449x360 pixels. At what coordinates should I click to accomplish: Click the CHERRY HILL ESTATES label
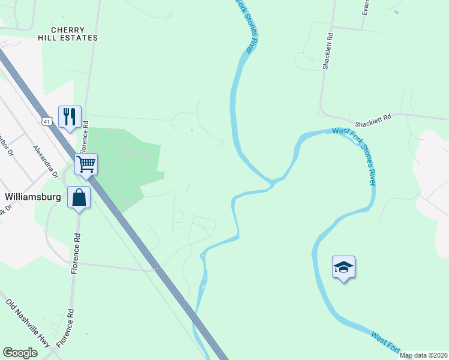click(74, 34)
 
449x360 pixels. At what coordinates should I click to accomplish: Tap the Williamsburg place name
click(34, 196)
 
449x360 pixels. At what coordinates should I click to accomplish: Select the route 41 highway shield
click(47, 121)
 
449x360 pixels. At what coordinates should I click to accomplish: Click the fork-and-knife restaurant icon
click(69, 115)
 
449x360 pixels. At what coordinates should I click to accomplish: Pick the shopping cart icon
click(86, 163)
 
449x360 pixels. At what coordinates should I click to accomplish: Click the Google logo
click(20, 353)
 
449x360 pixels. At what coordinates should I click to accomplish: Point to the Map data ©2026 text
click(424, 355)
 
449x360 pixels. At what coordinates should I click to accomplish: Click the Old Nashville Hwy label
click(28, 322)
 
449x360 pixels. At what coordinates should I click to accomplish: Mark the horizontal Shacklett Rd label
click(372, 119)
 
